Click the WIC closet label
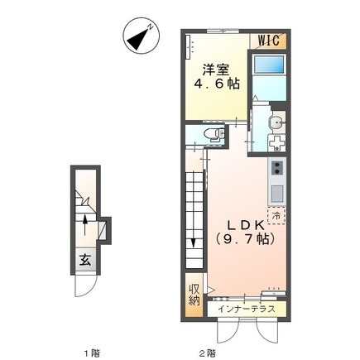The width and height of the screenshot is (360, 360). click(x=269, y=41)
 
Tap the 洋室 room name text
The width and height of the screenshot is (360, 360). click(x=216, y=70)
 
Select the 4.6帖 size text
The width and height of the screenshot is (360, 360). click(x=216, y=84)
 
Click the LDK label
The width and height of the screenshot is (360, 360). click(x=246, y=226)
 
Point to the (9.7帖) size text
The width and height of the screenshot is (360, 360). click(x=246, y=239)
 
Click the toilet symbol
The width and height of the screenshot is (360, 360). click(x=214, y=134)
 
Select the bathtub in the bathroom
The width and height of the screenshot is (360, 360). click(x=269, y=65)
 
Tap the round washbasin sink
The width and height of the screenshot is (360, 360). click(x=276, y=123)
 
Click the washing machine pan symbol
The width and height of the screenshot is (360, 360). click(x=276, y=143)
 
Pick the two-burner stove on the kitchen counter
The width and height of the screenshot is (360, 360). click(x=277, y=168)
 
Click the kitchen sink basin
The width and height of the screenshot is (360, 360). click(x=277, y=194)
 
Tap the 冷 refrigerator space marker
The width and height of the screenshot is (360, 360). click(x=276, y=216)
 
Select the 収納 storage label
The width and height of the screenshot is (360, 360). click(x=194, y=295)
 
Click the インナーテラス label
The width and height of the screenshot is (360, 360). click(x=247, y=309)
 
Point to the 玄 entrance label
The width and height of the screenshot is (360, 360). click(x=85, y=260)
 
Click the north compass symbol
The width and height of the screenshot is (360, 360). click(x=142, y=36)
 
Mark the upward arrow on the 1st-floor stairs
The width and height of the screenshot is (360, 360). click(x=85, y=225)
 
